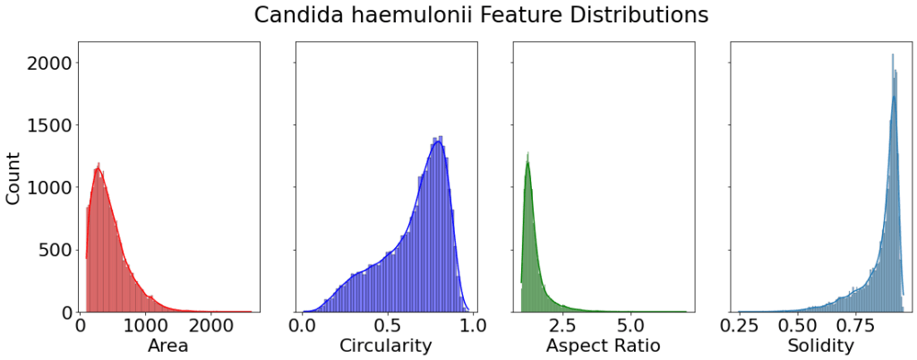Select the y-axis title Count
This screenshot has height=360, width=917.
pos(14,177)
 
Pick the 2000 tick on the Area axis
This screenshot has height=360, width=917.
pos(211,324)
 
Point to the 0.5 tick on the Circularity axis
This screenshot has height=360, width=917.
pos(387,324)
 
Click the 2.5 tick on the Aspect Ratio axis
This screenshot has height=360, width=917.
pos(573,324)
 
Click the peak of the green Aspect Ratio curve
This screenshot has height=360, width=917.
pos(528,162)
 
